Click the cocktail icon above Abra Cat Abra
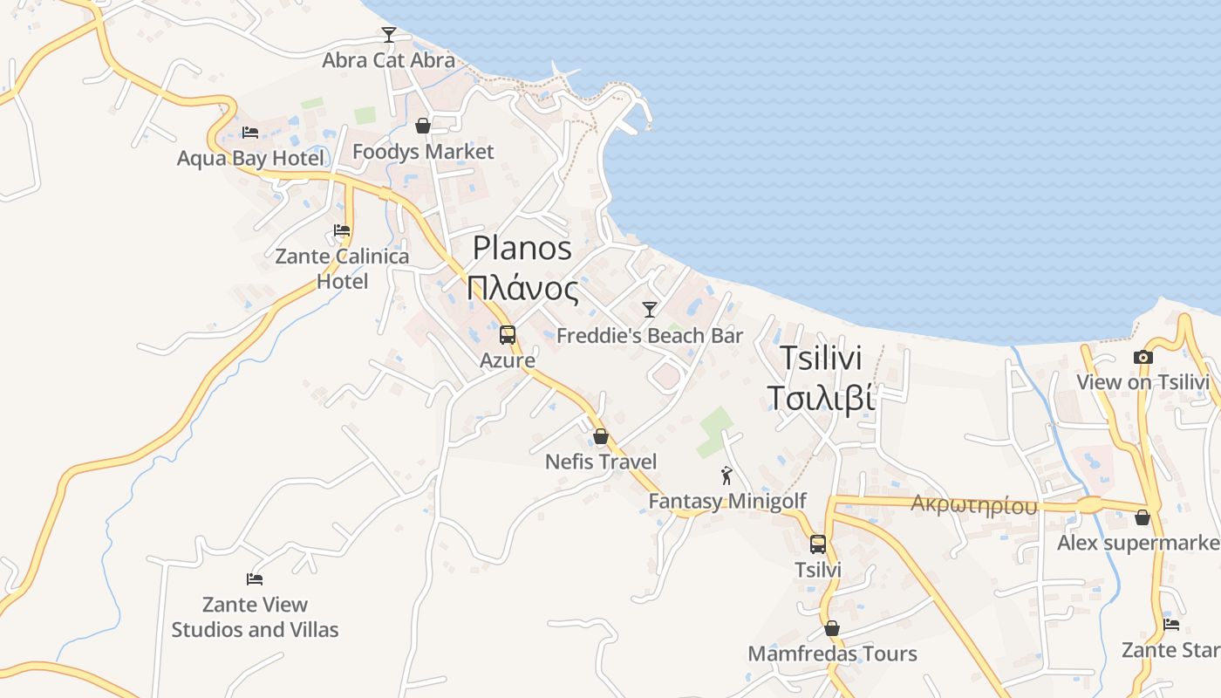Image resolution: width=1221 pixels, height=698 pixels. pyautogui.click(x=389, y=35)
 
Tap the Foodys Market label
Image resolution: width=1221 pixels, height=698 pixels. pyautogui.click(x=423, y=152)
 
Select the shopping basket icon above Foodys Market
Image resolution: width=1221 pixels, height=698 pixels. pyautogui.click(x=423, y=127)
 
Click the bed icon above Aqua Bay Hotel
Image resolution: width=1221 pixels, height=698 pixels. pyautogui.click(x=250, y=133)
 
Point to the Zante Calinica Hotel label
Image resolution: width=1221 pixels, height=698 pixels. pyautogui.click(x=342, y=269)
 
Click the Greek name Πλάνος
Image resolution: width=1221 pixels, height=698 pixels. pyautogui.click(x=522, y=288)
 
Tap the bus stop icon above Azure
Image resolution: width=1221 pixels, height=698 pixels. pyautogui.click(x=508, y=334)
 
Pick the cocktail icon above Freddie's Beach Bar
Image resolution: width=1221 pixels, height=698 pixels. pyautogui.click(x=649, y=310)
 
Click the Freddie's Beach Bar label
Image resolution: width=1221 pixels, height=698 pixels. pyautogui.click(x=650, y=336)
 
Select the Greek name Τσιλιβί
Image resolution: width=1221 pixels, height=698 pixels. pyautogui.click(x=821, y=398)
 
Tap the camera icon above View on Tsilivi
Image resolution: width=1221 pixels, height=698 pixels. pyautogui.click(x=1143, y=357)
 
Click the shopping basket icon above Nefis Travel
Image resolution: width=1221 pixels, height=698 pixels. pyautogui.click(x=601, y=436)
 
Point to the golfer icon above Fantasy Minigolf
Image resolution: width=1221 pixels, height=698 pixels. pyautogui.click(x=726, y=476)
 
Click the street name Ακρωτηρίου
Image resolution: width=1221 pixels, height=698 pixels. pyautogui.click(x=974, y=505)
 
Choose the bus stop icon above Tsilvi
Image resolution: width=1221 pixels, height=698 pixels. pyautogui.click(x=818, y=544)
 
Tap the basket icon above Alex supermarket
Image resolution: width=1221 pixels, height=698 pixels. pyautogui.click(x=1143, y=518)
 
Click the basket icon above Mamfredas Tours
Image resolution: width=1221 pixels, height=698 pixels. pyautogui.click(x=832, y=628)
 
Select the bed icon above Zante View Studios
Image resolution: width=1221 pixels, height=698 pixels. pyautogui.click(x=255, y=578)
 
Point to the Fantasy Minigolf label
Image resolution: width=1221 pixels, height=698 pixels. pyautogui.click(x=727, y=502)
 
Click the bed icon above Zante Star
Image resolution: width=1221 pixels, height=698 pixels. pyautogui.click(x=1171, y=625)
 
